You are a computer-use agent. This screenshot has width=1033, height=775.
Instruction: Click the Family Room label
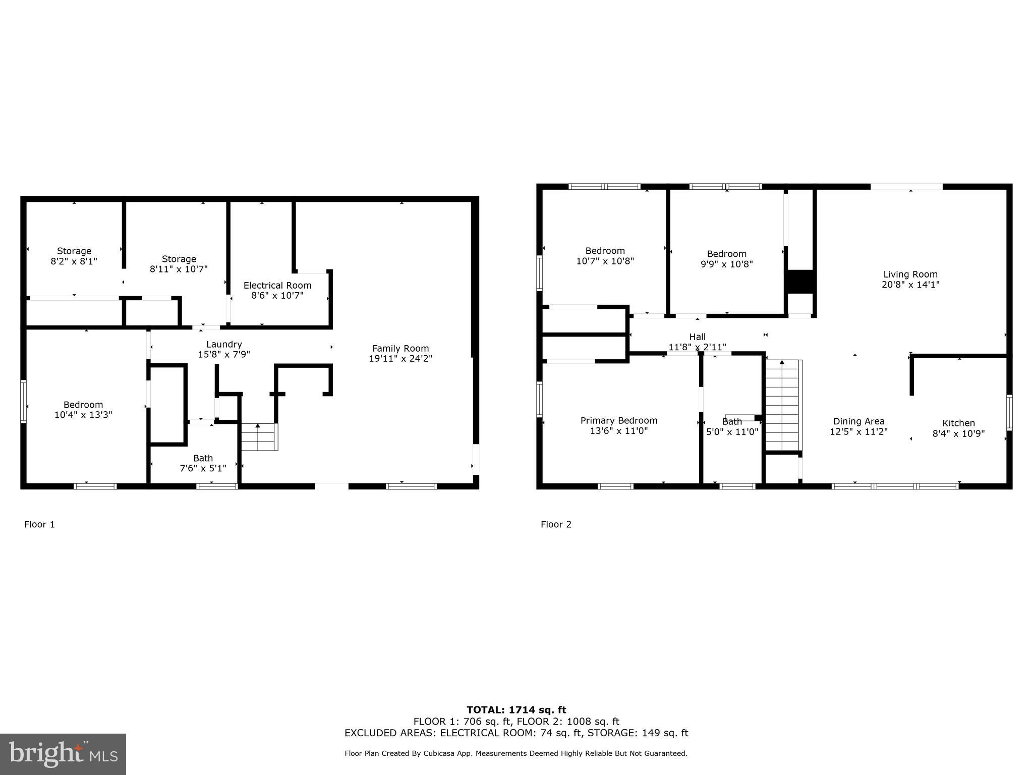400,348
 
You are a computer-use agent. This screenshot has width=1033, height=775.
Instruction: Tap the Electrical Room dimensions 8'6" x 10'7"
277,296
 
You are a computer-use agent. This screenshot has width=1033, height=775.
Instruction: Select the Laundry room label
224,344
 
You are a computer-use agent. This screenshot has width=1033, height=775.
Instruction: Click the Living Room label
910,274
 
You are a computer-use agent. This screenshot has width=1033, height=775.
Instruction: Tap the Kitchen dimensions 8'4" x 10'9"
958,433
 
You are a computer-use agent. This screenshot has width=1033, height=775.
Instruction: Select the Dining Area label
858,421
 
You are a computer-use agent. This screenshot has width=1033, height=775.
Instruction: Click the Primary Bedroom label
619,420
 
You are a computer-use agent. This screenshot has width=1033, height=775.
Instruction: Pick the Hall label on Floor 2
697,337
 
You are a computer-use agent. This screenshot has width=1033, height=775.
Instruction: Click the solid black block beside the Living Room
800,282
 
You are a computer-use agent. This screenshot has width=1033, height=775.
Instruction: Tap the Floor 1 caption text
39,524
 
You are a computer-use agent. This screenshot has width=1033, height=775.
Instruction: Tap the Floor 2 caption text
556,524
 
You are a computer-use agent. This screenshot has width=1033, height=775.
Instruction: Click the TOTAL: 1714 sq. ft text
516,710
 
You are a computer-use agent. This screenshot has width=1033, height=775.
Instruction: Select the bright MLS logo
63,754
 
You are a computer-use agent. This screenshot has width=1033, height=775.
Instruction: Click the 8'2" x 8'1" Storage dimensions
74,261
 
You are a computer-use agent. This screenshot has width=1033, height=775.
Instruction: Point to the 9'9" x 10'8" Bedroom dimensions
726,264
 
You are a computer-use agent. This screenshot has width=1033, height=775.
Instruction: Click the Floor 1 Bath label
203,458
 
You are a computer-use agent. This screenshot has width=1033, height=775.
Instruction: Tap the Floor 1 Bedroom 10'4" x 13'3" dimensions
83,415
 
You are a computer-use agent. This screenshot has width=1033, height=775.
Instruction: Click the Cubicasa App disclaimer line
516,753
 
